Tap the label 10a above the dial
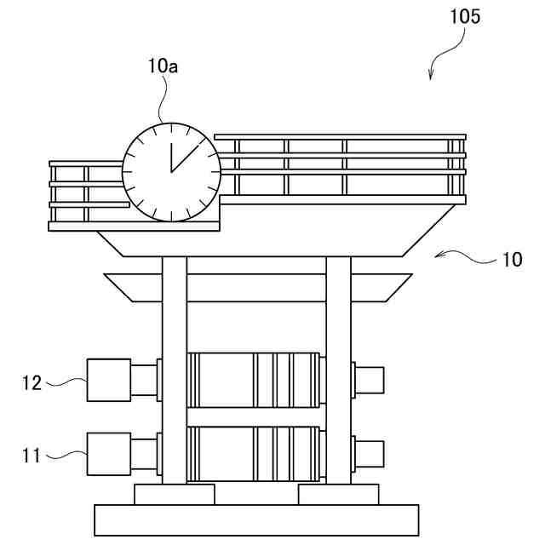coord(162,66)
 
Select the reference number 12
coord(32,382)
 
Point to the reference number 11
coord(32,456)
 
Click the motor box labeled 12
coord(109,380)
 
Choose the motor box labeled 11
coord(109,454)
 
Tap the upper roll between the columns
coord(255,379)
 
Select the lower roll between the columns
coord(255,453)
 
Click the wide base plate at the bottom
coord(256,520)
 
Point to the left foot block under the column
coord(175,494)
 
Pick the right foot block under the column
coord(338,494)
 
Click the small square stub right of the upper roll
coord(370,380)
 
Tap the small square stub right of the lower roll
coord(370,454)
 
